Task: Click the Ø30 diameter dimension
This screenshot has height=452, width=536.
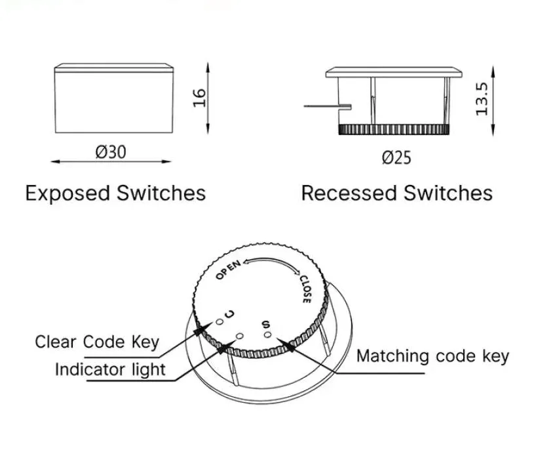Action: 111,152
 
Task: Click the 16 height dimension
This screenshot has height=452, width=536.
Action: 199,98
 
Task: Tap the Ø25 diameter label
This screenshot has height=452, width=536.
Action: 396,157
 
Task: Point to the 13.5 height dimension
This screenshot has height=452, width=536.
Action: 482,99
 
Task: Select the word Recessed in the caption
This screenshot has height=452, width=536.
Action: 349,193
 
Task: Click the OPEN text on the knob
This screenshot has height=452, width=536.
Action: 228,269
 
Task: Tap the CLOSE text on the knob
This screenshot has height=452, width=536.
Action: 305,289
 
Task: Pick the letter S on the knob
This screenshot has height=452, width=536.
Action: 265,323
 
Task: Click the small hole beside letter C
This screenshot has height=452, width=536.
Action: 220,321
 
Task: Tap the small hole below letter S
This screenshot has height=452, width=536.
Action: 267,335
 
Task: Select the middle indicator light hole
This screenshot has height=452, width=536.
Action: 240,336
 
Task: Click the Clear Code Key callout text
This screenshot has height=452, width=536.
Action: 97,342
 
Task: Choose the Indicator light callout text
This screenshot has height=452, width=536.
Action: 110,369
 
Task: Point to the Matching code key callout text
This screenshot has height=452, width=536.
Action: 432,356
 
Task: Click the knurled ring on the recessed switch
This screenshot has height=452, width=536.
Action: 394,129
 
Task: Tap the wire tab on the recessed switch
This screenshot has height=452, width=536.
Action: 328,106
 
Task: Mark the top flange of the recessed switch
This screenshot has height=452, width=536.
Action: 394,72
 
